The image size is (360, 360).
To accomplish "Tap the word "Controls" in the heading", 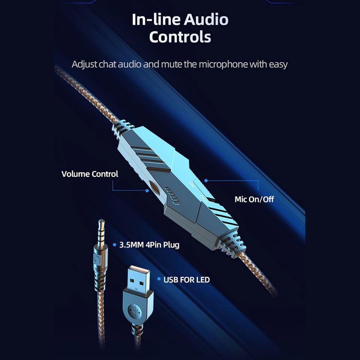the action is click(x=180, y=36).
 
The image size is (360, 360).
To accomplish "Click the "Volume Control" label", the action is click(x=90, y=174).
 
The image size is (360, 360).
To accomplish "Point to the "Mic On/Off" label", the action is click(x=254, y=198).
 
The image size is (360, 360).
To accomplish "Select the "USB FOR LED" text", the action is click(x=186, y=280).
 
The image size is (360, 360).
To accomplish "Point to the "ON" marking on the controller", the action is click(x=192, y=184).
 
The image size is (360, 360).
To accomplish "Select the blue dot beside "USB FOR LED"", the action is click(x=158, y=279).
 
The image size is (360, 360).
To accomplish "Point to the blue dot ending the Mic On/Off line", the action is click(x=206, y=180).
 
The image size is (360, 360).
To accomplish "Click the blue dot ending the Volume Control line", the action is click(x=147, y=191).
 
